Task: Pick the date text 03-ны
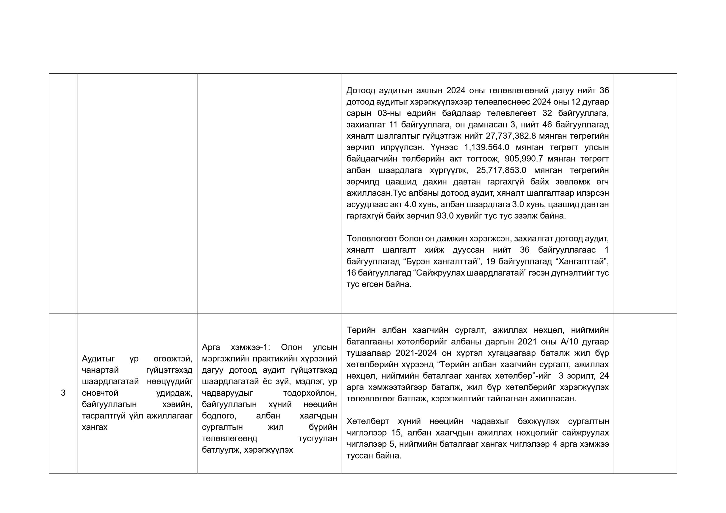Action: tap(389, 113)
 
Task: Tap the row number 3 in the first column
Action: tap(63, 393)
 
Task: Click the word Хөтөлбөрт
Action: tap(368, 421)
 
